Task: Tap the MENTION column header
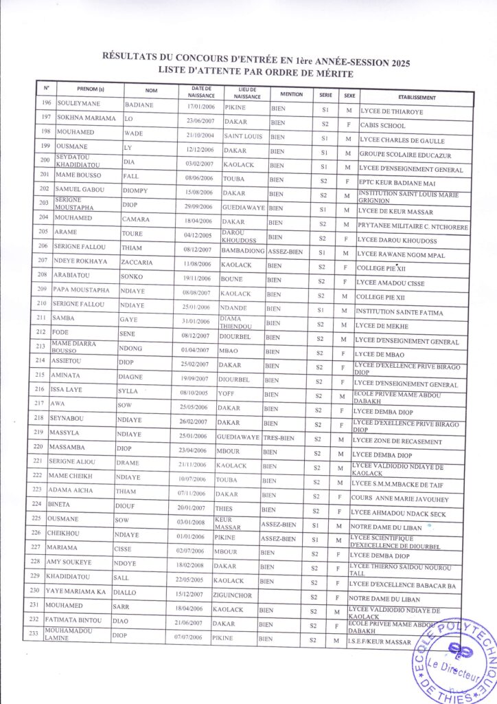click(x=287, y=93)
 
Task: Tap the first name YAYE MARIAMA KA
click(x=76, y=591)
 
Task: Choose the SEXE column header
click(x=349, y=95)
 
